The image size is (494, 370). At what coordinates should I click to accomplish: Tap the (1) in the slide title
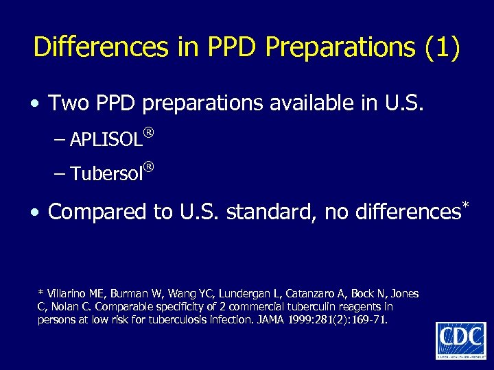[443, 47]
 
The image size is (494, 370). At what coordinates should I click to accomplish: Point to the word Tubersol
[106, 174]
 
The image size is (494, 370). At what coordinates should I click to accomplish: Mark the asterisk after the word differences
[464, 205]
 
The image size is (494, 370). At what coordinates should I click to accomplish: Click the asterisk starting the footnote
[40, 293]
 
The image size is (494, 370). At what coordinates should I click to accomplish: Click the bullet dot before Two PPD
[34, 104]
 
